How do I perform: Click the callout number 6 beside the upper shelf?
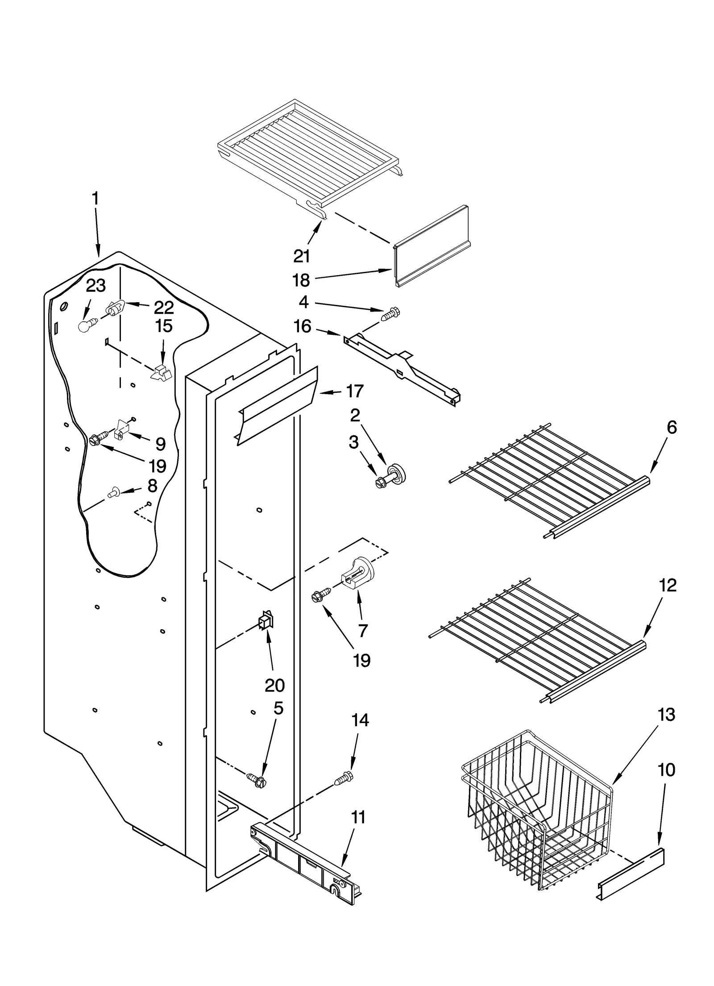pos(672,427)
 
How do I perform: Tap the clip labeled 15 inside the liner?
pos(162,372)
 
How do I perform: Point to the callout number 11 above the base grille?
pos(358,817)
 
